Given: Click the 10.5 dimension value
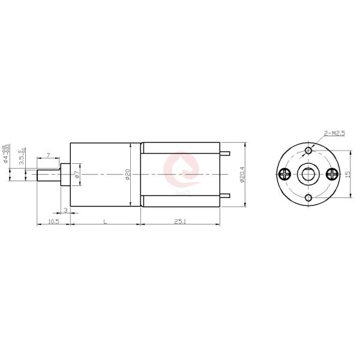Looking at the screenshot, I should (53, 221).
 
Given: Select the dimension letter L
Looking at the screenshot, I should (105, 221).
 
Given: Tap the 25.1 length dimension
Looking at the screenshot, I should (179, 221).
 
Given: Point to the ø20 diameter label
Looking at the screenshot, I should (128, 175).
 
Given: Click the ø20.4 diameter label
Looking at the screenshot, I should (241, 175).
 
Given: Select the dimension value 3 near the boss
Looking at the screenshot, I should (65, 209).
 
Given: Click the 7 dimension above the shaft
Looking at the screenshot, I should (48, 156).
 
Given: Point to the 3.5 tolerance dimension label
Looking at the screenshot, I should (22, 157).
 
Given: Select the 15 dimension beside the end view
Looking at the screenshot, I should (347, 174).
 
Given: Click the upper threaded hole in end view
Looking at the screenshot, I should (308, 150).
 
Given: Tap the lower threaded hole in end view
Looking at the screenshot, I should (308, 198).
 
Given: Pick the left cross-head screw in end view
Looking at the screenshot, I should (285, 174).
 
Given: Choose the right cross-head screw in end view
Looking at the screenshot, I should (332, 174).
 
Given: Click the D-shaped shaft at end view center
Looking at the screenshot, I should (309, 175).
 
